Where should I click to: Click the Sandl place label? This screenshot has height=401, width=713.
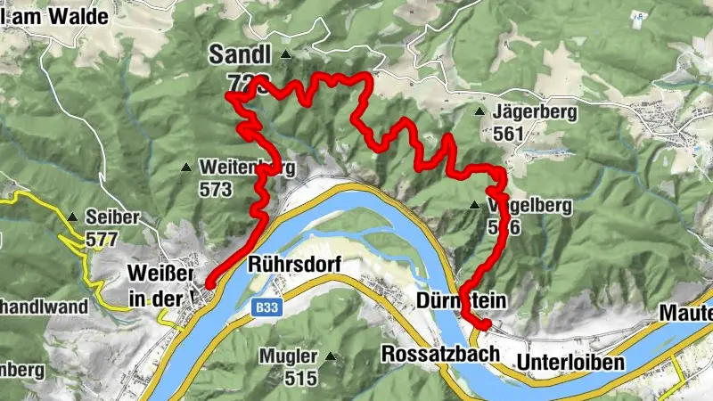coord(241,53)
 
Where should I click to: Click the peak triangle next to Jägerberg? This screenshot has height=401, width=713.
coord(479,112)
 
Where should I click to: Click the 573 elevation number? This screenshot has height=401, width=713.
coord(216,189)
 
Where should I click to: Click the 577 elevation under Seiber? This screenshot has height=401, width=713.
coord(102,239)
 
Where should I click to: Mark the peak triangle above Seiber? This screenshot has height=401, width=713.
coord(71,217)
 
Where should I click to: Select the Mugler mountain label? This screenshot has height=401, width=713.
coord(288,356)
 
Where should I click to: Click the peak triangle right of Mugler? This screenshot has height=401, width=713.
coord(332,356)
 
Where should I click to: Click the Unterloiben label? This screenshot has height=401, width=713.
coord(570,363)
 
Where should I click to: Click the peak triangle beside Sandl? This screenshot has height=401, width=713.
coord(285,55)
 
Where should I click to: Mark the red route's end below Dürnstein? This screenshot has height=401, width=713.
coord(485,325)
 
